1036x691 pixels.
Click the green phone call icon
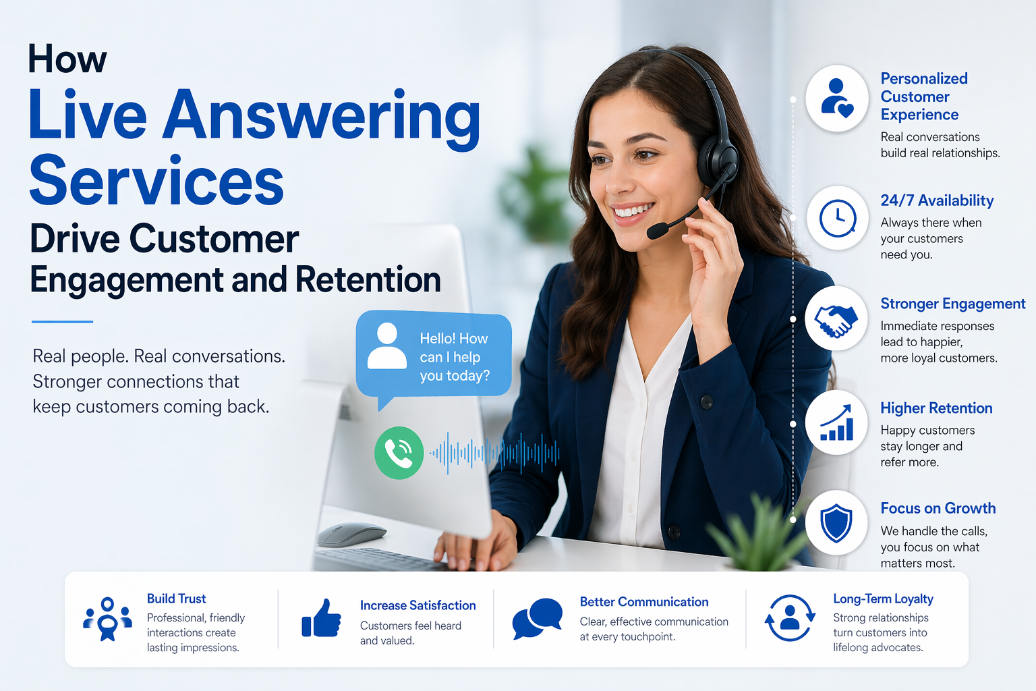point(399,453)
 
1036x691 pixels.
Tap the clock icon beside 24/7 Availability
point(837,217)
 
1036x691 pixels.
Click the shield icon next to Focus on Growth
point(836,523)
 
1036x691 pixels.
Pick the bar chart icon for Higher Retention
point(836,422)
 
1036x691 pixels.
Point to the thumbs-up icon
point(321,618)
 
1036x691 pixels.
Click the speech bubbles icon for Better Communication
point(538,618)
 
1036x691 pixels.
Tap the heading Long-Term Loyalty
point(883,599)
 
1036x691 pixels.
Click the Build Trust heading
point(176,599)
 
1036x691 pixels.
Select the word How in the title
point(67,59)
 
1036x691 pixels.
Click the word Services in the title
point(156,180)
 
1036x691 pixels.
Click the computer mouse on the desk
point(351,534)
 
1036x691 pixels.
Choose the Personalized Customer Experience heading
point(923,96)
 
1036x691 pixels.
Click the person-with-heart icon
point(836,98)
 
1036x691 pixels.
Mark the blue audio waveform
point(494,453)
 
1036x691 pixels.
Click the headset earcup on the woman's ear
point(716,162)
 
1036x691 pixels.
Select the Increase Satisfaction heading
point(418,605)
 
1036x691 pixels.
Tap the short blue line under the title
point(62,321)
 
